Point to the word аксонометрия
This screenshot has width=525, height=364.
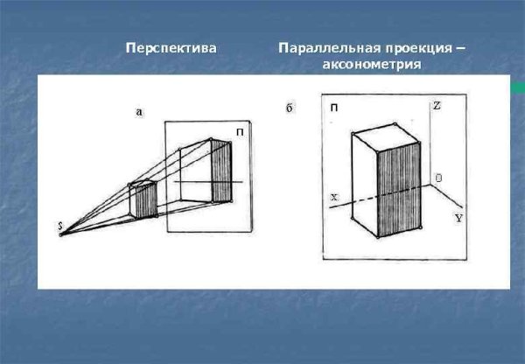click(x=373, y=65)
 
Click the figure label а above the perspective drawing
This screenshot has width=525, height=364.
click(x=139, y=111)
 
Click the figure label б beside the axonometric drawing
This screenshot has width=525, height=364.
click(x=290, y=108)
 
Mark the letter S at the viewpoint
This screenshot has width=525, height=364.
click(x=59, y=227)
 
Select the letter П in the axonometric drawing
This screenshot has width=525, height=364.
click(x=334, y=107)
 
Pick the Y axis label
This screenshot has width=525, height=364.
click(x=458, y=218)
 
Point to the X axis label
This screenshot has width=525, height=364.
click(x=333, y=199)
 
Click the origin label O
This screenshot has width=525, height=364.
click(x=438, y=178)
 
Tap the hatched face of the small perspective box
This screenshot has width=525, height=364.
click(x=150, y=200)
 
